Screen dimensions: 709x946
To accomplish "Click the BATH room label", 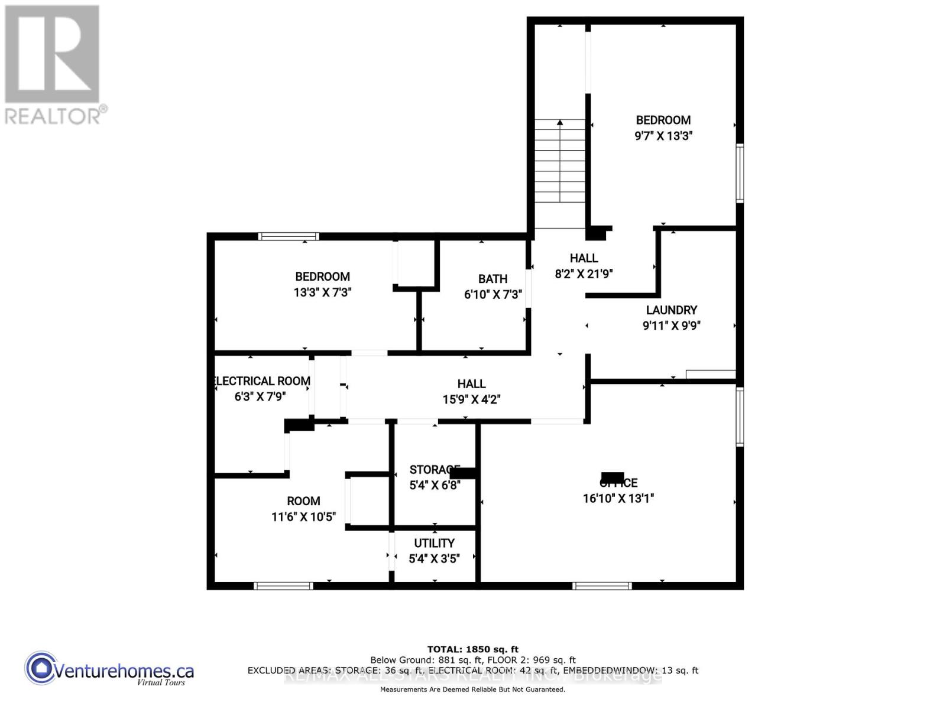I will pyautogui.click(x=493, y=279).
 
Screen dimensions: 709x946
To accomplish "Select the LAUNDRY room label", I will pyautogui.click(x=671, y=310).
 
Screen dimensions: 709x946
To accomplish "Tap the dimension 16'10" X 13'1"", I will pyautogui.click(x=618, y=498).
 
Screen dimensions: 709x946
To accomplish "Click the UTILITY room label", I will pyautogui.click(x=434, y=543).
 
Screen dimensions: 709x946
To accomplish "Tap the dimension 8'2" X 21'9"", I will pyautogui.click(x=584, y=274).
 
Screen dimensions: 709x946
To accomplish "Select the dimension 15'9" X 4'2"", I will pyautogui.click(x=471, y=399).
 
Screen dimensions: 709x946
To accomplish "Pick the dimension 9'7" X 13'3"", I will pyautogui.click(x=663, y=135).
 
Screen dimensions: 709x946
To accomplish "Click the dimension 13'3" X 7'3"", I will pyautogui.click(x=322, y=292).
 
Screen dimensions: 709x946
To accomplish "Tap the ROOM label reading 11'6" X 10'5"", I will pyautogui.click(x=303, y=501).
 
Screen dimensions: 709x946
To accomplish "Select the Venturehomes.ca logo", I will pyautogui.click(x=109, y=671).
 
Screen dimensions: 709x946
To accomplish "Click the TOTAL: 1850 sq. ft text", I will pyautogui.click(x=472, y=649).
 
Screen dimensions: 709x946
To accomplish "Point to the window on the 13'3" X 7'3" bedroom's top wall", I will pyautogui.click(x=289, y=236).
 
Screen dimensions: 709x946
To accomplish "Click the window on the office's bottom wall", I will pyautogui.click(x=602, y=586).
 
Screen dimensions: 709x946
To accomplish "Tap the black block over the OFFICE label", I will pyautogui.click(x=613, y=477).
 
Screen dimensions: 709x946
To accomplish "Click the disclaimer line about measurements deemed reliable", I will pyautogui.click(x=472, y=690).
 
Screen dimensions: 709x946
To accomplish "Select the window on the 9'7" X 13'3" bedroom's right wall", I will pyautogui.click(x=740, y=173).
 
